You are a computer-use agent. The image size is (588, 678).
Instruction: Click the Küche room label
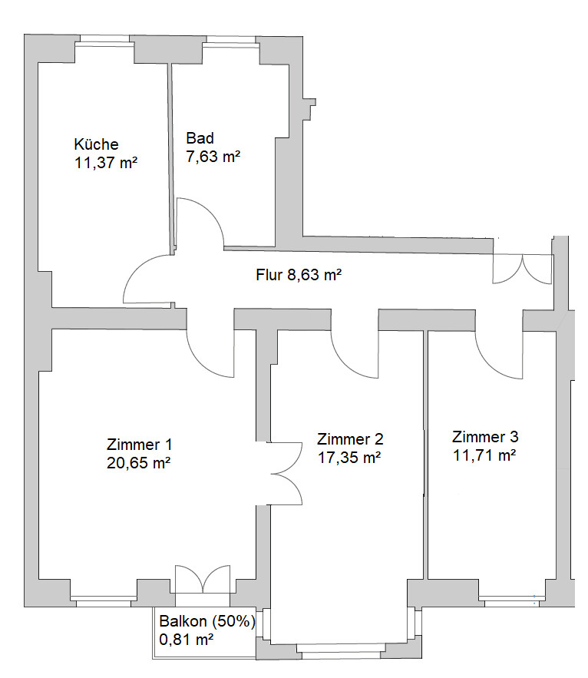[96, 144]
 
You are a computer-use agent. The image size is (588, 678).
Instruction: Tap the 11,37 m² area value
[106, 163]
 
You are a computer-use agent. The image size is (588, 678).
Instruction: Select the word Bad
[200, 138]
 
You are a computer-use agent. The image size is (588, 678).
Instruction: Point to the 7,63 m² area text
[213, 156]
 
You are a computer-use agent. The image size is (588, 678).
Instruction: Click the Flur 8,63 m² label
[299, 275]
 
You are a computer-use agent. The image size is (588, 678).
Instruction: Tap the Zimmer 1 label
[139, 445]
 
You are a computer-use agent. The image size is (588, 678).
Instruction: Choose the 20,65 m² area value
[138, 463]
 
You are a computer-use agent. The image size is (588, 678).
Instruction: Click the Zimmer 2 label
[350, 439]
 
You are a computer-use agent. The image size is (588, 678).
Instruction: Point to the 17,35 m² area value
[349, 458]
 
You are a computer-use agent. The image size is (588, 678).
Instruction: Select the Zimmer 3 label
[485, 437]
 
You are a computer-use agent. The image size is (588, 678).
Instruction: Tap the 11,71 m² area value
[484, 455]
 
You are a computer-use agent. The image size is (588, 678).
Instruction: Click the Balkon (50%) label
[207, 621]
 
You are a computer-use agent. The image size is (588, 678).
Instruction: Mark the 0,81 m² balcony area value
[187, 639]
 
